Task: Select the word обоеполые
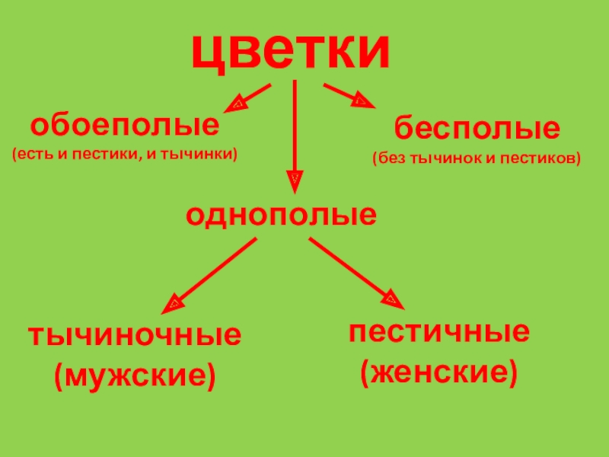point(124,123)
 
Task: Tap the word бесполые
point(477,128)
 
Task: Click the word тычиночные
point(135,336)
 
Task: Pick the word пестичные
point(439,333)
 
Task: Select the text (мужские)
point(134,374)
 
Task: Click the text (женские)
point(438,372)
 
